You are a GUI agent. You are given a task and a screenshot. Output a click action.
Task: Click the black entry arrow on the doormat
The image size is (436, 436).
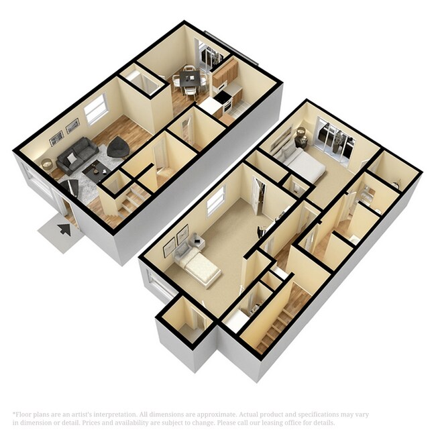point(64,229)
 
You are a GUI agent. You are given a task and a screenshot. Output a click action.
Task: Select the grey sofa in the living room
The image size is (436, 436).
point(76,155)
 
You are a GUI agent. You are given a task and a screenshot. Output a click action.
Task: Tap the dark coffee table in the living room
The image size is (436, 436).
point(99,170)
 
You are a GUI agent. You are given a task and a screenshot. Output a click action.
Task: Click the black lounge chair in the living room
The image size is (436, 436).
point(119,147)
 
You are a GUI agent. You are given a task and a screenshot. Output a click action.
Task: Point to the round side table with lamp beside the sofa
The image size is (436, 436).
point(47,164)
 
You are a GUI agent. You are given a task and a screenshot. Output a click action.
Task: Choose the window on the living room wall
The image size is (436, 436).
point(96,109)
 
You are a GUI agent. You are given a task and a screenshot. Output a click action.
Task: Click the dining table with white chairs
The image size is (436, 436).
point(188,80)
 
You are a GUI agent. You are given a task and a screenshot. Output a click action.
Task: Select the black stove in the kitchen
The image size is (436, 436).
point(222,100)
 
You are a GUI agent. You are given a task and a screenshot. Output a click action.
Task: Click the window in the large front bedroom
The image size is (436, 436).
point(215,201)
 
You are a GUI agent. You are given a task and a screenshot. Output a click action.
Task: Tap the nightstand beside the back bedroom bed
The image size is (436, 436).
point(301,138)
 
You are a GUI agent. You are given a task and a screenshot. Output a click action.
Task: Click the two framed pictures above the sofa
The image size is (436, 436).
point(64,131)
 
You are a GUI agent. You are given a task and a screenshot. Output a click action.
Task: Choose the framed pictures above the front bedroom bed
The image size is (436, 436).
point(176,237)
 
